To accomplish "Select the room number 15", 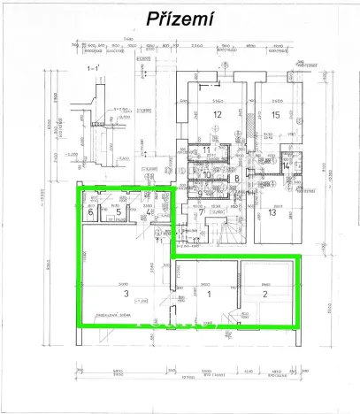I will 276,114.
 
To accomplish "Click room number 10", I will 208,175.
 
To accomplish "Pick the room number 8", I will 237,178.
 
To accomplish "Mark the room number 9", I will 200,193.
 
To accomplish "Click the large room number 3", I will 126,293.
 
